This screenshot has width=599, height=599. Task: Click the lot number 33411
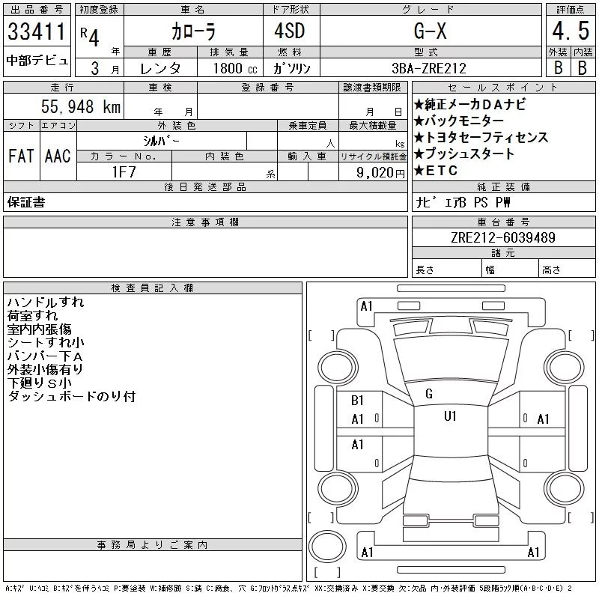point(36,31)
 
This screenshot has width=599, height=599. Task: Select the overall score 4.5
point(571,31)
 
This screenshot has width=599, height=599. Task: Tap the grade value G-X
point(430,31)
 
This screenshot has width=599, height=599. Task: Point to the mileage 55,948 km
point(81,106)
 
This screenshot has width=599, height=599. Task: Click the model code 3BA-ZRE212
point(429,68)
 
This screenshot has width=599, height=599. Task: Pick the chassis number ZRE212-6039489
point(503,237)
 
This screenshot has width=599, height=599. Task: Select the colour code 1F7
point(124,172)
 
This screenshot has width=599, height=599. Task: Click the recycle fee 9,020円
point(380,173)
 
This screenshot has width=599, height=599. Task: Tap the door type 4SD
point(290,31)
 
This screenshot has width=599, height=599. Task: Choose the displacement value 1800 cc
point(235,68)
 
